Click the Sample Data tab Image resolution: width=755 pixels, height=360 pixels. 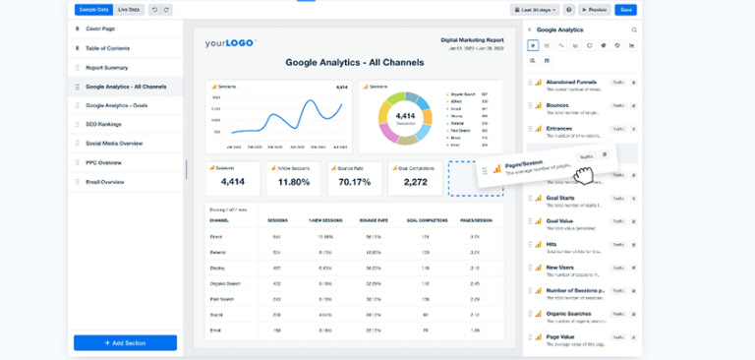tap(94, 9)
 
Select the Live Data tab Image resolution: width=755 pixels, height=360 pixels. tap(129, 9)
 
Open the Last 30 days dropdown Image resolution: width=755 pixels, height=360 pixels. tap(535, 9)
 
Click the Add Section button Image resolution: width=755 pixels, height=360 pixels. tap(125, 342)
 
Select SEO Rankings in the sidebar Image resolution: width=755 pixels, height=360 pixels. tap(104, 124)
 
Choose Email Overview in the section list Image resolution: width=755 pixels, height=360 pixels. tap(105, 181)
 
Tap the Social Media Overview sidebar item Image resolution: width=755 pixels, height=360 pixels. tap(114, 144)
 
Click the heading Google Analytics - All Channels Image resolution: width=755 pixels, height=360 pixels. tap(355, 62)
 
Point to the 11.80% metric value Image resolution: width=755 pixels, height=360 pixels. tap(294, 182)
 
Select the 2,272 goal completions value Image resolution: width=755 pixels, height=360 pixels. tap(415, 182)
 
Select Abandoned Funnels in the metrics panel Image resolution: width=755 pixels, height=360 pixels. tap(570, 82)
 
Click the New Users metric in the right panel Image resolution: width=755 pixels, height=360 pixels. tap(559, 266)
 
